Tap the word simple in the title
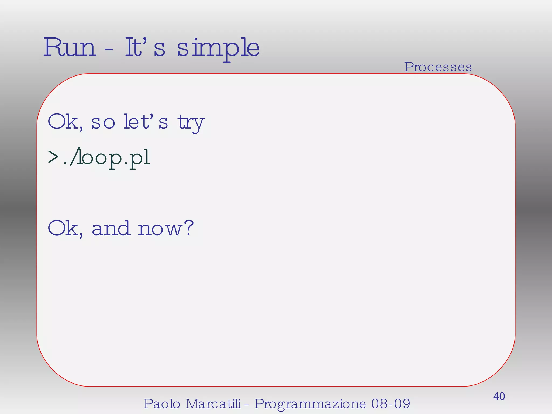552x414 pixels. pyautogui.click(x=218, y=49)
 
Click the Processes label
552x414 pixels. pyautogui.click(x=438, y=67)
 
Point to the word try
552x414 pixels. pyautogui.click(x=191, y=123)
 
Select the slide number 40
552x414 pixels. pyautogui.click(x=499, y=396)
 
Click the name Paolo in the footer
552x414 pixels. pyautogui.click(x=162, y=404)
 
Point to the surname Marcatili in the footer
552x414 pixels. pyautogui.click(x=213, y=404)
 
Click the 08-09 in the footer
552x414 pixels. pyautogui.click(x=391, y=404)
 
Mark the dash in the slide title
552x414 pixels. pyautogui.click(x=109, y=50)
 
